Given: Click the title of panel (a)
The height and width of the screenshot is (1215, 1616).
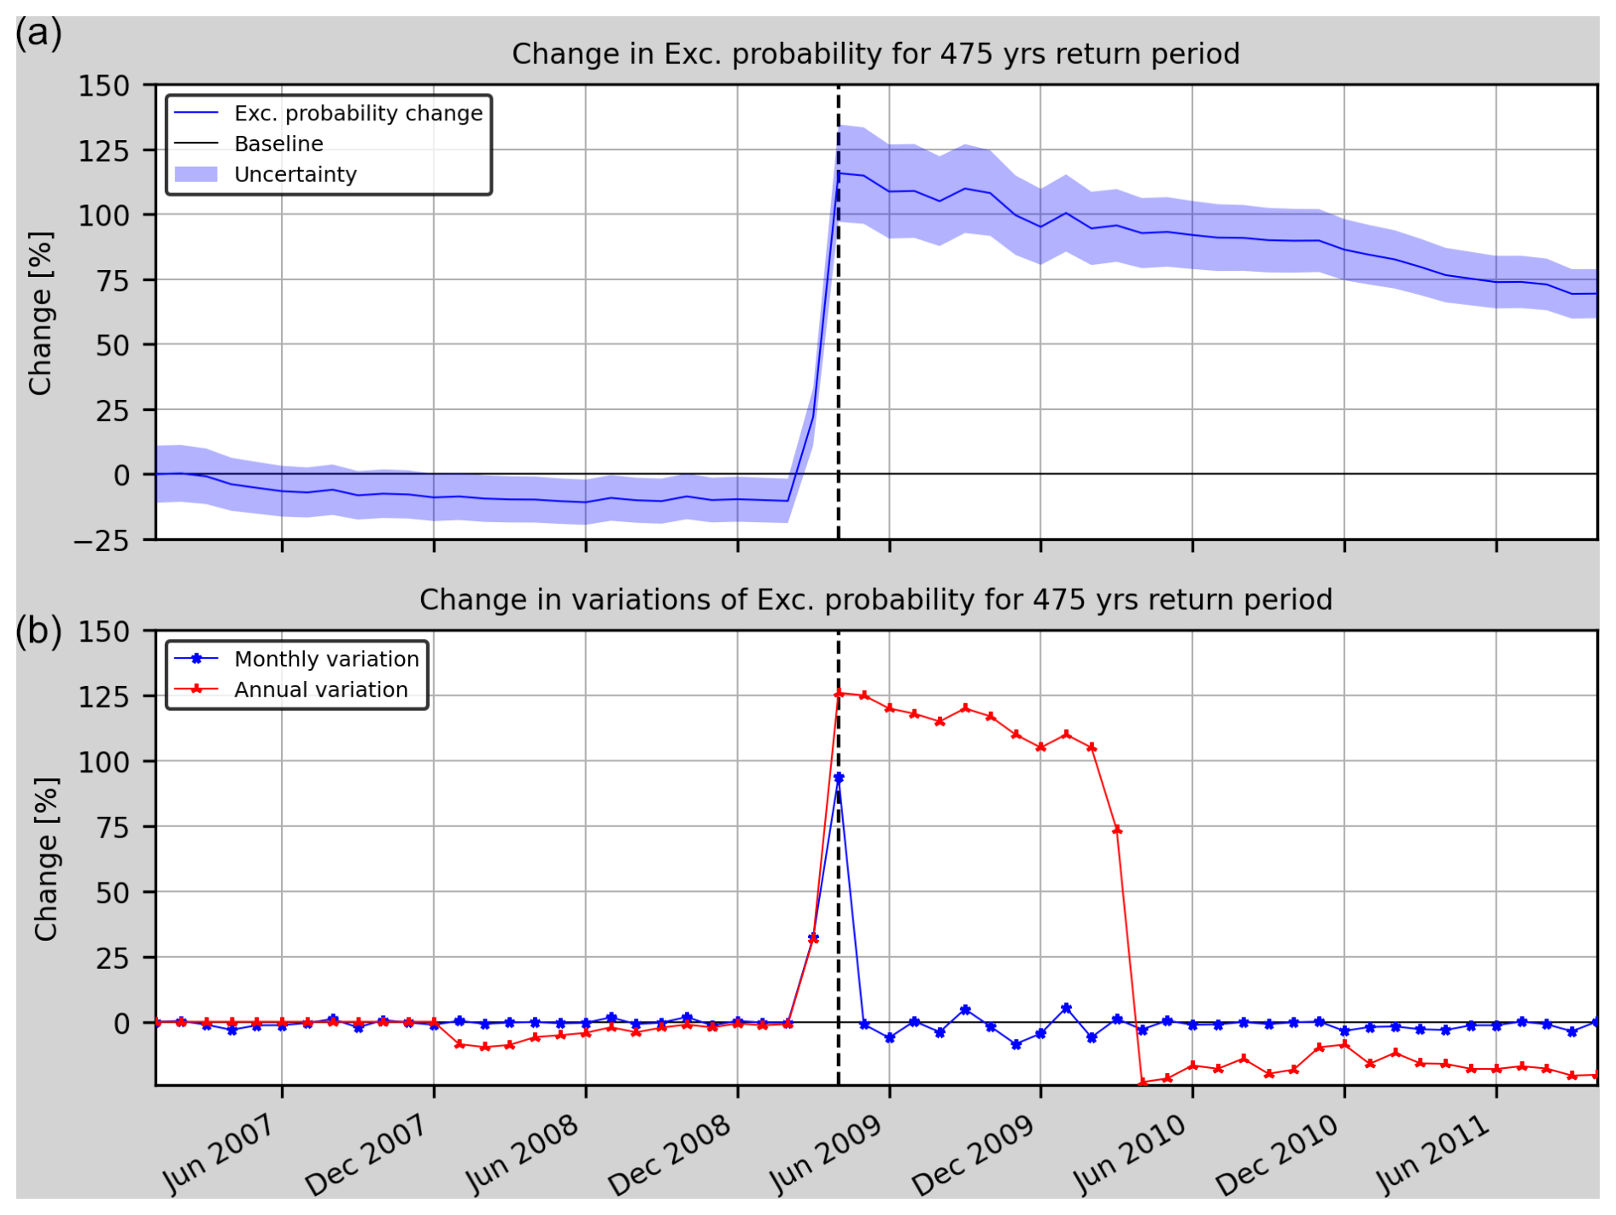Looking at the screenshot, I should (x=875, y=54).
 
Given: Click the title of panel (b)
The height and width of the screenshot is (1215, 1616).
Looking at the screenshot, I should (x=875, y=600).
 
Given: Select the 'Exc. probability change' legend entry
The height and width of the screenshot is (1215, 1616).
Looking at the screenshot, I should (x=358, y=114).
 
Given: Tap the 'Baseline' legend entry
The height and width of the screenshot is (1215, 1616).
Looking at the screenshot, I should (x=278, y=144).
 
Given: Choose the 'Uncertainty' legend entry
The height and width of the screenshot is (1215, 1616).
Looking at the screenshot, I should (x=295, y=174).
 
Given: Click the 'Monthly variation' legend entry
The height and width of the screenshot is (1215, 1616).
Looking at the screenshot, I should (x=326, y=659).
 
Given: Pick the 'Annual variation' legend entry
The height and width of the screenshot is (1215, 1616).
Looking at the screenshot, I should (x=321, y=690).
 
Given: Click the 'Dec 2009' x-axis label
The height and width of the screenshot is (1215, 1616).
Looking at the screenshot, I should (x=973, y=1155).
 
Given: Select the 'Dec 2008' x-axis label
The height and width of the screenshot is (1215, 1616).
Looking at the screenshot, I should (x=670, y=1155).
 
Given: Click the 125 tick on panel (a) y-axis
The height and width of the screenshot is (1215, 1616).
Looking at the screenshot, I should (x=103, y=150).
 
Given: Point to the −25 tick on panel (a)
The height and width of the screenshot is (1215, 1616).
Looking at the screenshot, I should (x=101, y=540).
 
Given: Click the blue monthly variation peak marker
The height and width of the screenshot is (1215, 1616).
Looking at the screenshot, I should (x=839, y=778).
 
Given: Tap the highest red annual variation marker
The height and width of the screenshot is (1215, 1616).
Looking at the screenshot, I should (x=839, y=693).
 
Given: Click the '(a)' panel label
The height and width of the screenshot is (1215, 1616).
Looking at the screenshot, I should (x=38, y=34).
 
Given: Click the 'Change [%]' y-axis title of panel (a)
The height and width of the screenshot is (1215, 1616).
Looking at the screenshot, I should (x=41, y=313).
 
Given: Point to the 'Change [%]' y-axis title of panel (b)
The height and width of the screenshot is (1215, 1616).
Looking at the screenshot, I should (x=46, y=859).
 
